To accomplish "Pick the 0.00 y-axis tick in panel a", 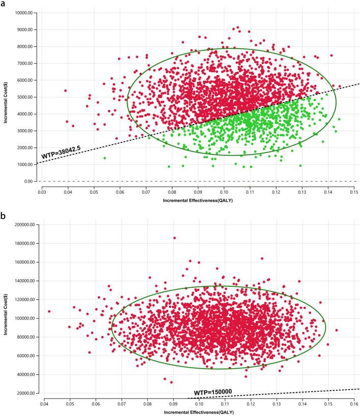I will [31, 182].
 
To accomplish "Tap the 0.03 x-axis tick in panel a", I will [42, 193].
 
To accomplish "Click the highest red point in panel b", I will [174, 238].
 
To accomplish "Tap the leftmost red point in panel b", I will [49, 311].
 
